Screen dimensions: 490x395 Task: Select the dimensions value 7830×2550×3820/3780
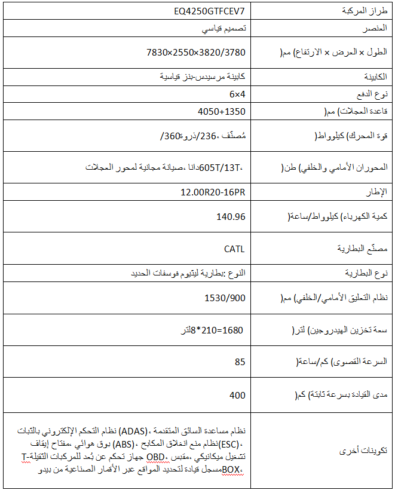click(196, 52)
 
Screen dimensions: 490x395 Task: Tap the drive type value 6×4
click(237, 94)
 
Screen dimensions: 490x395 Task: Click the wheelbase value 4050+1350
click(221, 111)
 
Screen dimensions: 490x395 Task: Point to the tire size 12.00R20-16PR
click(213, 192)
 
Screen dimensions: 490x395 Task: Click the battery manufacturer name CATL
click(234, 249)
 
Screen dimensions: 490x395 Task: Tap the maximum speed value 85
click(240, 362)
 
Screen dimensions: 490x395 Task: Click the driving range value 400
click(237, 395)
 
